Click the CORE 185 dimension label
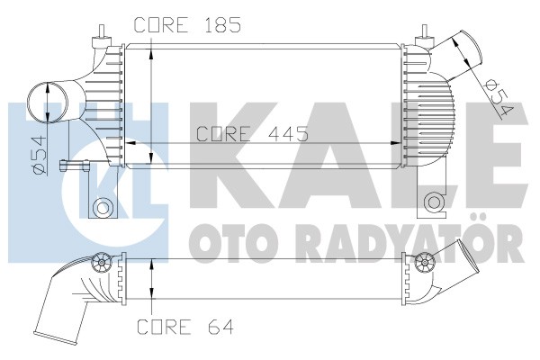click(188, 26)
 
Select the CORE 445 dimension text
click(253, 133)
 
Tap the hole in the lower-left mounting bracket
click(103, 209)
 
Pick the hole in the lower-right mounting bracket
click(433, 201)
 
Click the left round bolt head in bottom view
click(102, 264)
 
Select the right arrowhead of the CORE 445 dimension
click(406, 142)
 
